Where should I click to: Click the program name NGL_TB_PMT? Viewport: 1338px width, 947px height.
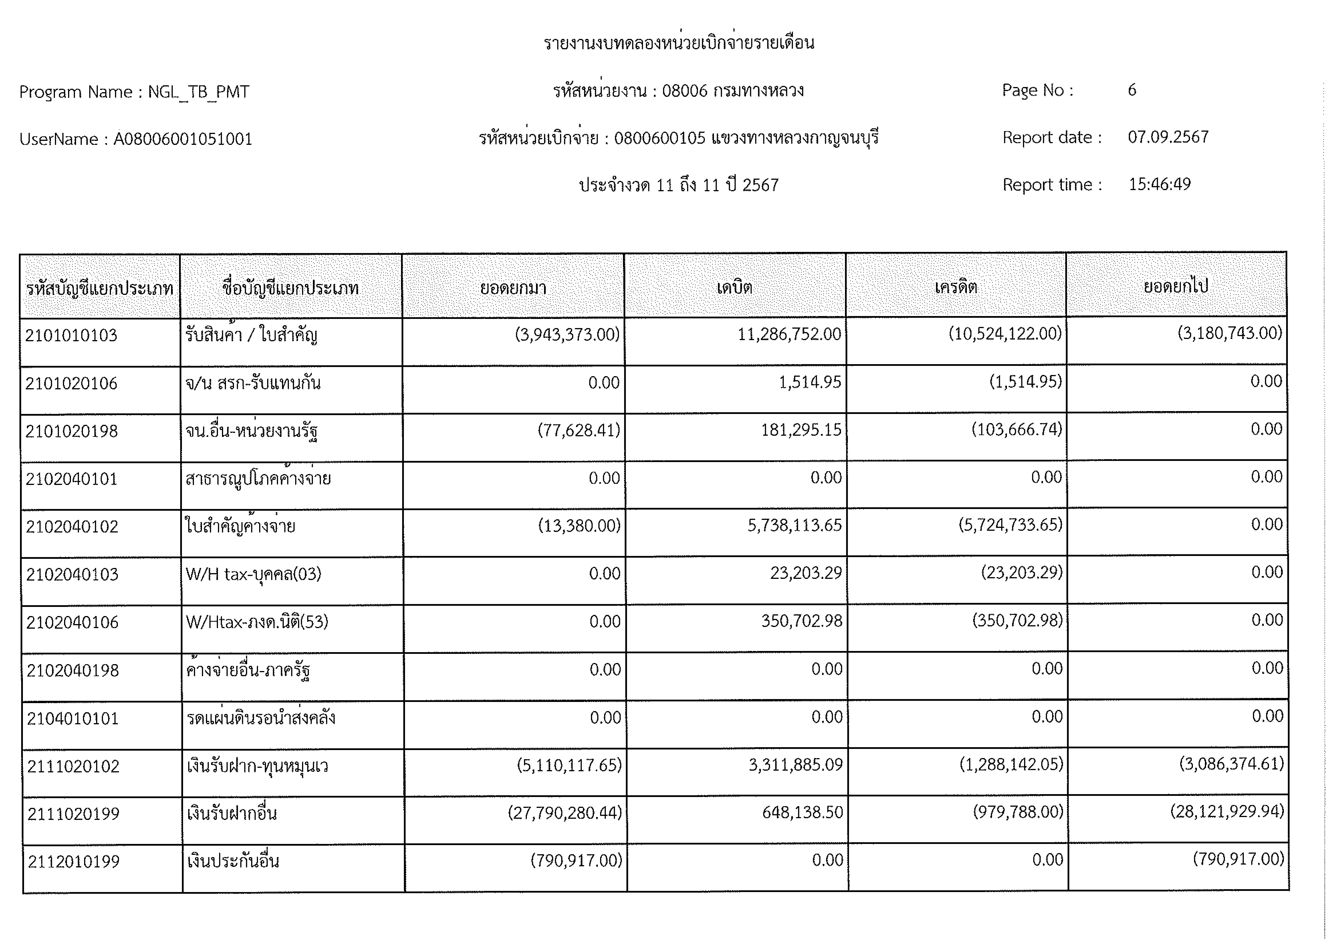[x=199, y=92]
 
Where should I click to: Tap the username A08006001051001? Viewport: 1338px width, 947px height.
[x=182, y=139]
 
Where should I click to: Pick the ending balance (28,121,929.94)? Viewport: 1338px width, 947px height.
[x=1227, y=812]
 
